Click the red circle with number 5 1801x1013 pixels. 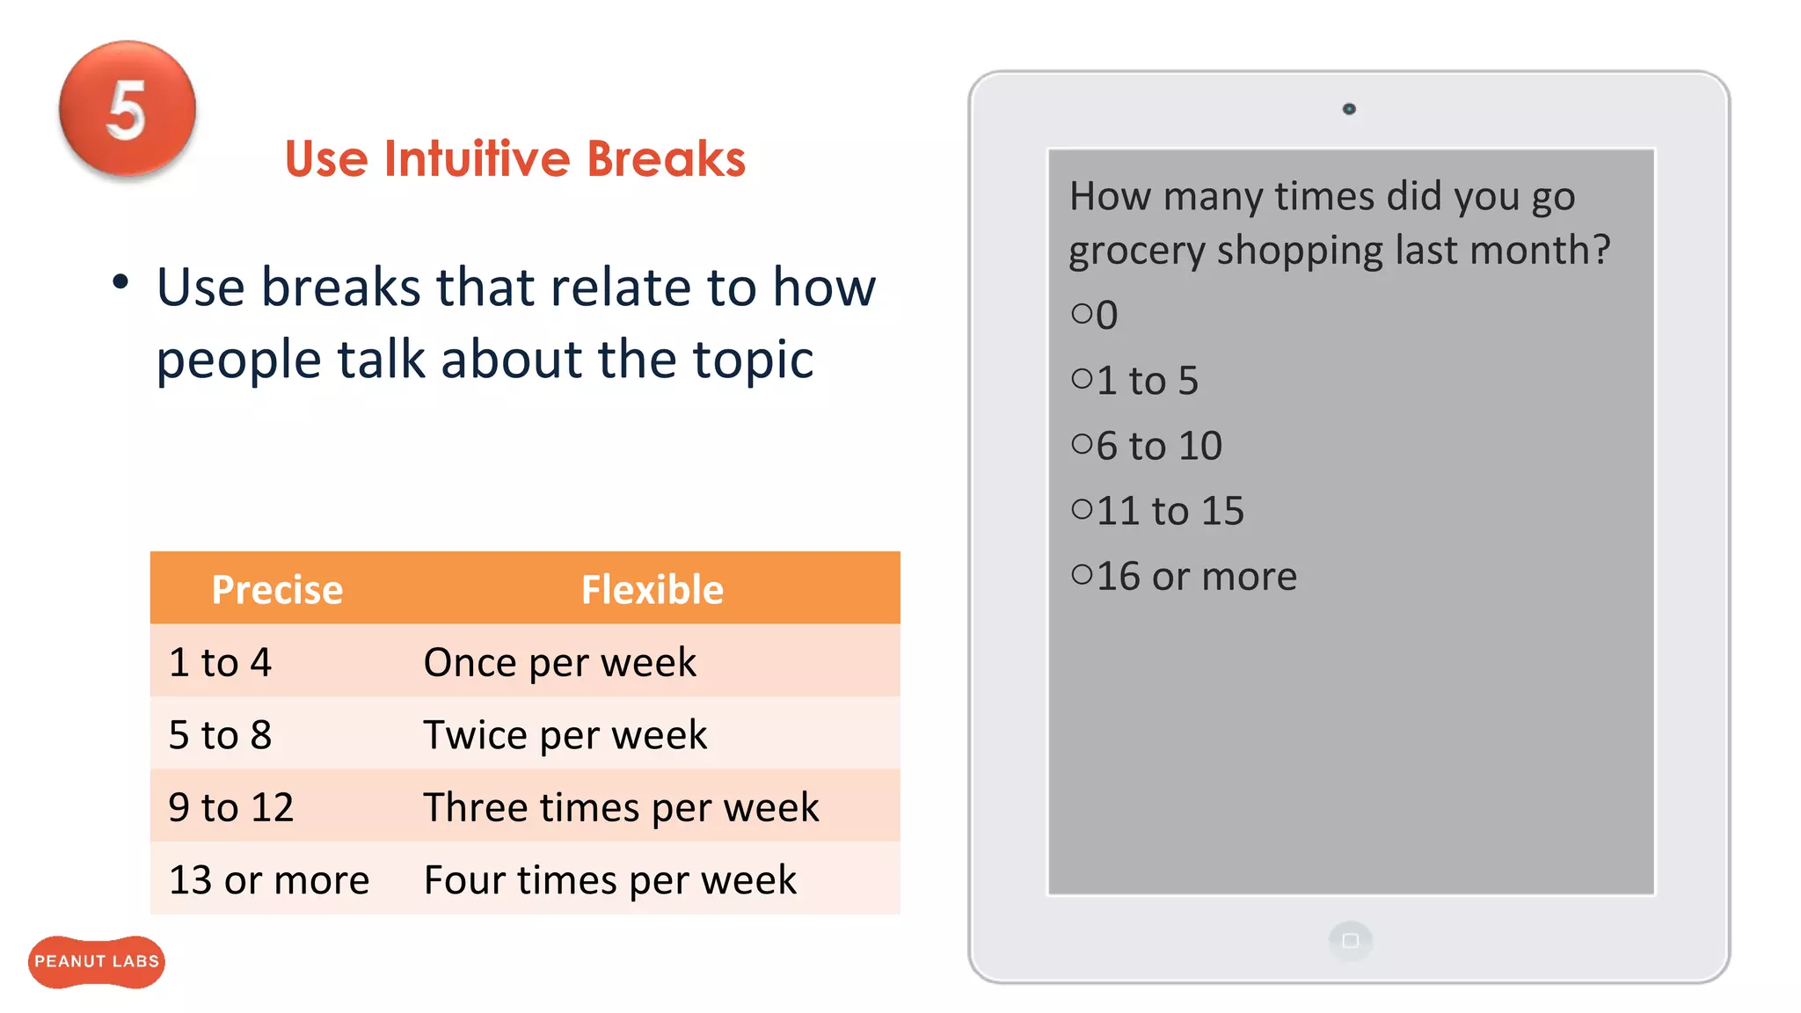click(128, 110)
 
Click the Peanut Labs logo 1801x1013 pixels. click(97, 961)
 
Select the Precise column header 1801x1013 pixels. click(277, 589)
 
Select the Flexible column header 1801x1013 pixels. click(652, 589)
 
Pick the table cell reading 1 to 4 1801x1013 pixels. click(220, 662)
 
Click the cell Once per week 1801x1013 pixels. click(559, 662)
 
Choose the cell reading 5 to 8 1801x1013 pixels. click(220, 734)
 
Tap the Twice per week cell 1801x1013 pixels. click(565, 734)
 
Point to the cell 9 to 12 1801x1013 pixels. click(230, 807)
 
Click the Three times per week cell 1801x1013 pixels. click(621, 807)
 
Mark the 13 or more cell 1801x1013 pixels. click(268, 879)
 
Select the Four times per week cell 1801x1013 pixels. click(609, 879)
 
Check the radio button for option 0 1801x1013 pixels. click(1082, 313)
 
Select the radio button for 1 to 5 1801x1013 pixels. click(1082, 379)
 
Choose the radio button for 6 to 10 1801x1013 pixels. click(1082, 444)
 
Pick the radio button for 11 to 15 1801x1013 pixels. click(1082, 509)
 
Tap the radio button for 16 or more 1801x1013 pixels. click(1082, 575)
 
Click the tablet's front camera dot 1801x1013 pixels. click(1349, 109)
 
